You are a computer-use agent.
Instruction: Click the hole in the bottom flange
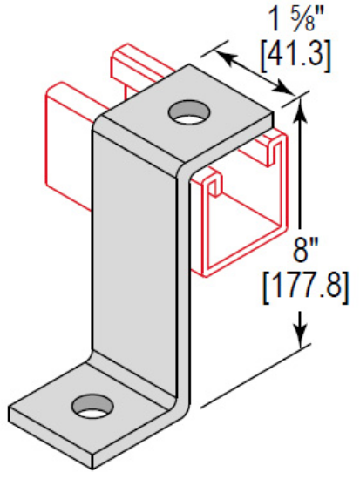[93, 404]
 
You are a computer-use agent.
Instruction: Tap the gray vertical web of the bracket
[139, 261]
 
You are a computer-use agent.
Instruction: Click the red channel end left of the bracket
[65, 148]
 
